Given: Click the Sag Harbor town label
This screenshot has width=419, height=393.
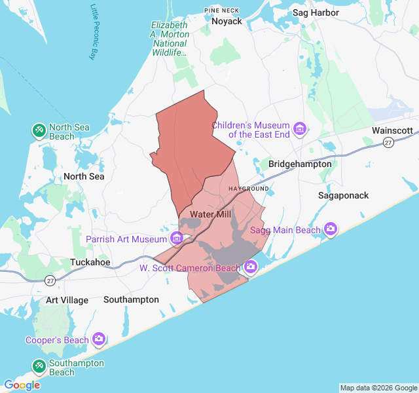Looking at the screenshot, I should click(x=316, y=12).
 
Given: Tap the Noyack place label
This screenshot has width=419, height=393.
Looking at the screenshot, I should click(x=227, y=21).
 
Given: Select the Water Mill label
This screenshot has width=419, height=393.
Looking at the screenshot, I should click(x=208, y=214).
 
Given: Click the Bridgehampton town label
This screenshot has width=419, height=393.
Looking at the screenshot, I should click(x=300, y=164).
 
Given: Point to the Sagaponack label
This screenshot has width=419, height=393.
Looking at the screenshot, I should click(x=343, y=195).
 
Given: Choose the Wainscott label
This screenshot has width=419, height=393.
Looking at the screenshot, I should click(x=392, y=130).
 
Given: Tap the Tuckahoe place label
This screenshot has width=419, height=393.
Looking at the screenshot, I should click(x=90, y=262).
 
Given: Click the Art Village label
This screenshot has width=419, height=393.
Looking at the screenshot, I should click(x=67, y=299).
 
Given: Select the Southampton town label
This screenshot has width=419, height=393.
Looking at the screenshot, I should click(x=131, y=299).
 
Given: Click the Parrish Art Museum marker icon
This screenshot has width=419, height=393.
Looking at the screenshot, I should click(x=176, y=238).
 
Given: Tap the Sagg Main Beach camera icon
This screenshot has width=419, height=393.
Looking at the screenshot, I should click(x=331, y=229).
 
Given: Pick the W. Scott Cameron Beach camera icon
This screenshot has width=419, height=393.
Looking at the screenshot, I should click(x=250, y=267).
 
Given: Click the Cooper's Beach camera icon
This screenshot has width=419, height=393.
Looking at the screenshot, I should click(x=99, y=339).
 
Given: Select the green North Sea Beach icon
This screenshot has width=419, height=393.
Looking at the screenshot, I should click(x=39, y=131).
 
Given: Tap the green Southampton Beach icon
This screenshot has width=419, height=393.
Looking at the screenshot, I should click(x=39, y=367).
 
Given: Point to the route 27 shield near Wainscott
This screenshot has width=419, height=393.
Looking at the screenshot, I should click(x=388, y=142).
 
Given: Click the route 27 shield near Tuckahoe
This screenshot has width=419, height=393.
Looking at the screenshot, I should click(x=50, y=280).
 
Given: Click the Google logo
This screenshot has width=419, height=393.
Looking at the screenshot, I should click(x=22, y=385).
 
